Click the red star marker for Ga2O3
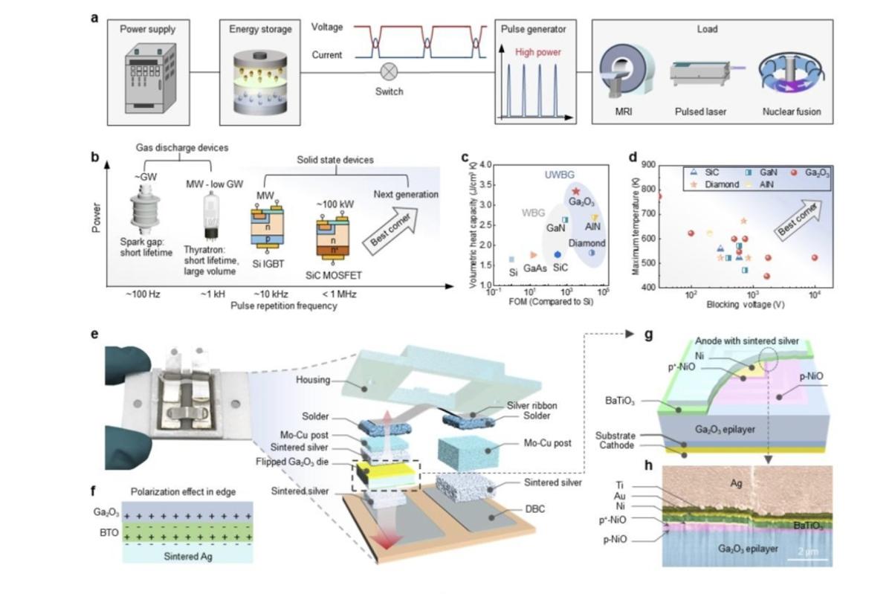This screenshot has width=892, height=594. click(x=576, y=192)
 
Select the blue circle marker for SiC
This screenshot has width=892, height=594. click(x=557, y=254)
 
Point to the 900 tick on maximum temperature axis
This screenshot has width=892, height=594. click(x=647, y=165)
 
